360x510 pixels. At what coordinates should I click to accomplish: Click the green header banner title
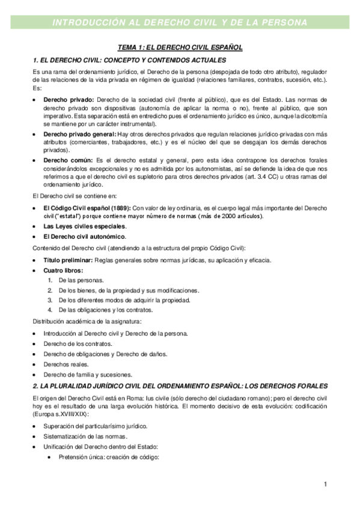point(180,22)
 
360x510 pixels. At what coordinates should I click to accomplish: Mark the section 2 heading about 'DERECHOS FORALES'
point(180,386)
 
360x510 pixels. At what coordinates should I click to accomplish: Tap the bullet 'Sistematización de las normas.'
point(85,435)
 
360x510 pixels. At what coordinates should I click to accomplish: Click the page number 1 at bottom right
point(325,484)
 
